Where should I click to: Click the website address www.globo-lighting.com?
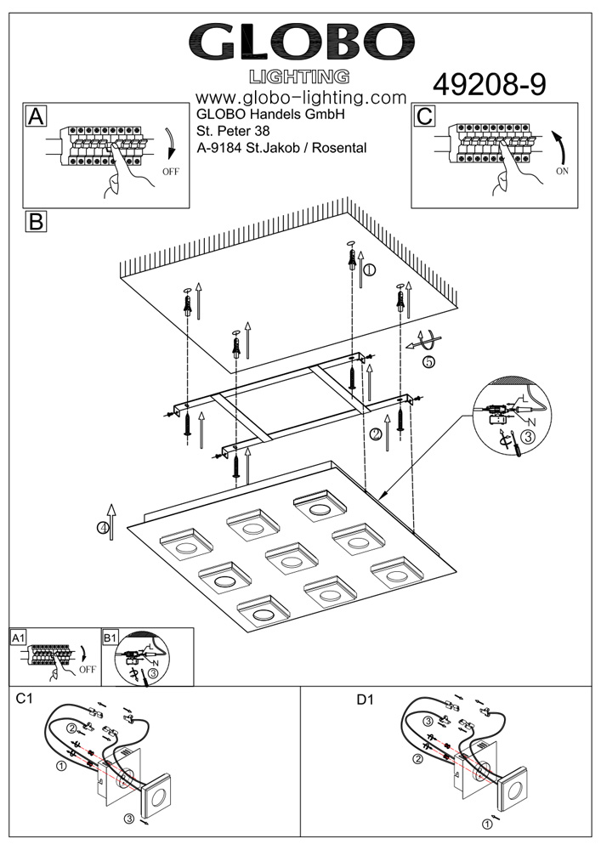click(x=300, y=98)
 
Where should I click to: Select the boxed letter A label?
click(x=36, y=116)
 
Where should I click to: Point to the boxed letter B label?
click(x=36, y=222)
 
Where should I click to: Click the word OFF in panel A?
click(x=171, y=172)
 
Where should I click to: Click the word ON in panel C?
click(x=562, y=170)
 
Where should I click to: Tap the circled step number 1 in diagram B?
click(x=369, y=270)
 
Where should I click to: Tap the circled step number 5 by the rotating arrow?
click(x=428, y=361)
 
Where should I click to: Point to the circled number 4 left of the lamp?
click(x=104, y=528)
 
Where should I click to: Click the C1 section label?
click(x=25, y=700)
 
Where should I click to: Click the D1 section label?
click(x=365, y=700)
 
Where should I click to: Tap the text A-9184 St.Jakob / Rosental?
click(x=281, y=148)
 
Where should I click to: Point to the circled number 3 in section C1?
click(x=128, y=819)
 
